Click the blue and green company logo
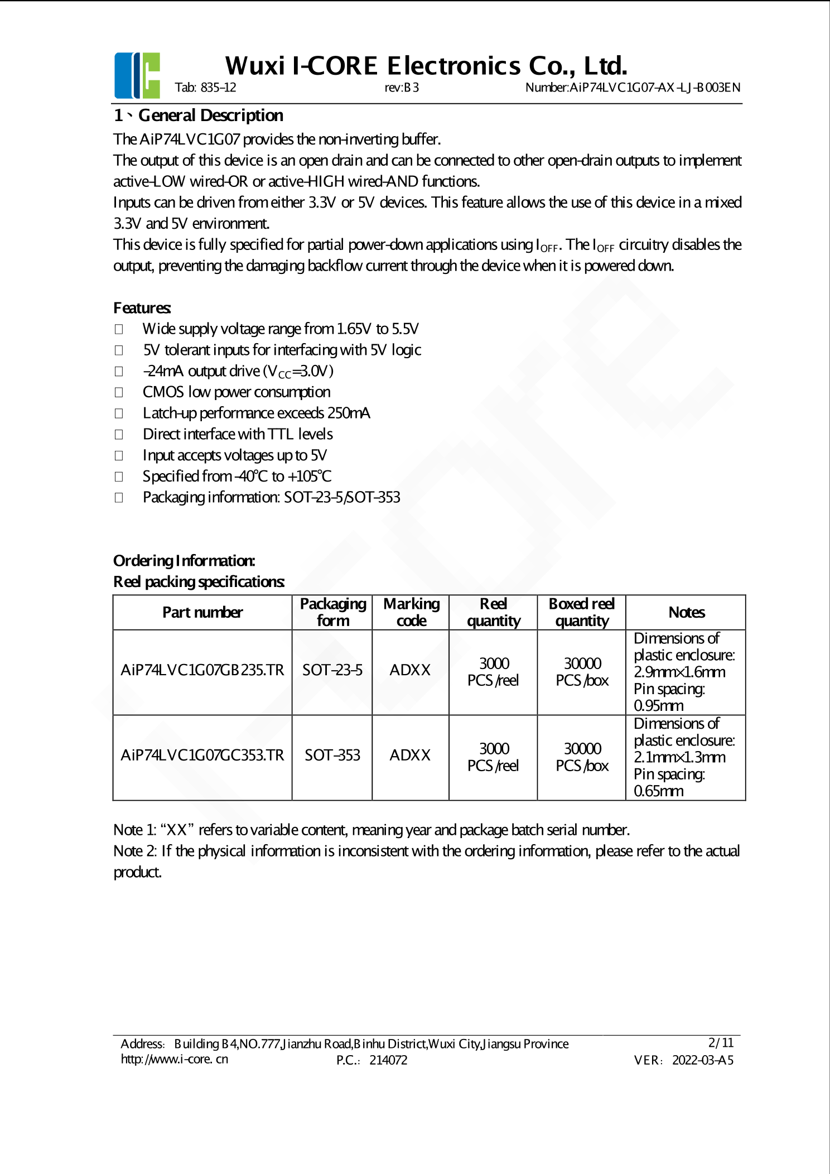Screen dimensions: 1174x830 click(137, 75)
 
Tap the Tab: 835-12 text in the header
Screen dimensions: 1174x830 click(205, 88)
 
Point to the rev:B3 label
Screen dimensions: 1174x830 click(402, 88)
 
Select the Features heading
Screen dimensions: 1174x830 click(142, 308)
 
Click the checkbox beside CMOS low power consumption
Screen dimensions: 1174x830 click(119, 392)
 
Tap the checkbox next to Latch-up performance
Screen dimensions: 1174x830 click(119, 413)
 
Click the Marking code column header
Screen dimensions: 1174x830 click(411, 612)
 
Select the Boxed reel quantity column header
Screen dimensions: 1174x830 click(582, 612)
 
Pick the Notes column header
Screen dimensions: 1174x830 click(686, 612)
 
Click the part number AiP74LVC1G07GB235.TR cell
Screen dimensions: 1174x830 click(202, 670)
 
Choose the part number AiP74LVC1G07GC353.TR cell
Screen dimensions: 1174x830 click(202, 755)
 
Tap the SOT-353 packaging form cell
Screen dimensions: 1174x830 click(332, 755)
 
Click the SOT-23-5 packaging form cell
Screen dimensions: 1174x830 click(332, 670)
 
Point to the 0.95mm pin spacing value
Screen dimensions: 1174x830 click(659, 705)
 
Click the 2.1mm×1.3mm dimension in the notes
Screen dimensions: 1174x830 click(679, 757)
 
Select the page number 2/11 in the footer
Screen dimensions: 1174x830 click(721, 1042)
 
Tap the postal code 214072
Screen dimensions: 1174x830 click(388, 1060)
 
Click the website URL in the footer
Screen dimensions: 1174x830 click(175, 1059)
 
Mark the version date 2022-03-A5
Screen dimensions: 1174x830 click(702, 1060)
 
